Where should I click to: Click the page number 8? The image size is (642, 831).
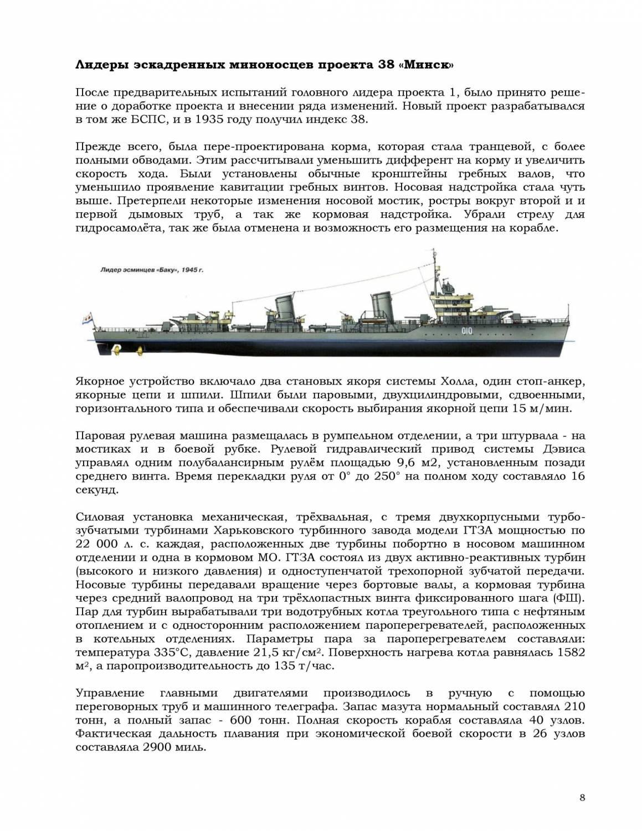[582, 798]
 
